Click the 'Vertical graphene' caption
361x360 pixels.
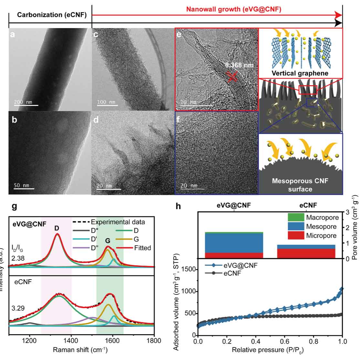[x=301, y=73]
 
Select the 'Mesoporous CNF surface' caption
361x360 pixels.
[x=300, y=185]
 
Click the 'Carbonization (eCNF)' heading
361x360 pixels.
[x=52, y=15]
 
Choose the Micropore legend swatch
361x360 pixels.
[x=295, y=235]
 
